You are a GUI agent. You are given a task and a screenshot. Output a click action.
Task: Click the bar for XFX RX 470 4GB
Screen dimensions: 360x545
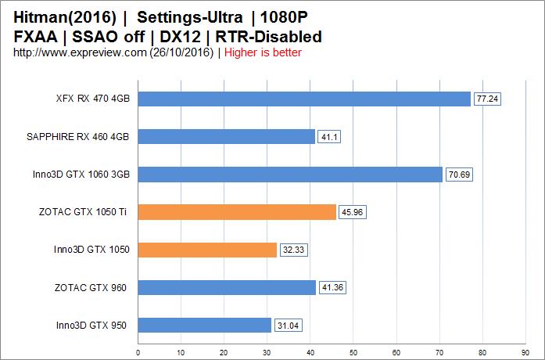click(304, 99)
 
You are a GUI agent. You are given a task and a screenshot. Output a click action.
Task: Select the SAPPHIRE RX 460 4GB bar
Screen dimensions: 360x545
click(226, 137)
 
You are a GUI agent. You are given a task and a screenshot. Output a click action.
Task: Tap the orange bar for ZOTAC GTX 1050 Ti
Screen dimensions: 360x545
click(237, 212)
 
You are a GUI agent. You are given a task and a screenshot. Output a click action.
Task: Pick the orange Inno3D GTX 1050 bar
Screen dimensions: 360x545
click(207, 250)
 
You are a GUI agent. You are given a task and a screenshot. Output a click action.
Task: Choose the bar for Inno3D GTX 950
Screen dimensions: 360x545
click(204, 325)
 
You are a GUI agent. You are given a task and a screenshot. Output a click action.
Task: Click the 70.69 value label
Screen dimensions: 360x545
click(459, 175)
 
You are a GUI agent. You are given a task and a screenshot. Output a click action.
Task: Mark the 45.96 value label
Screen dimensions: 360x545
click(353, 213)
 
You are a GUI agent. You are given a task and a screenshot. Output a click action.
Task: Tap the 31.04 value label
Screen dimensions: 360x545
click(288, 326)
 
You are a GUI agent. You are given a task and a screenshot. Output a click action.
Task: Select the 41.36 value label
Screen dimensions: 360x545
click(332, 288)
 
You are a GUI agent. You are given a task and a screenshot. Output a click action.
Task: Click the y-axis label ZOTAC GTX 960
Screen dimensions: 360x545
click(92, 288)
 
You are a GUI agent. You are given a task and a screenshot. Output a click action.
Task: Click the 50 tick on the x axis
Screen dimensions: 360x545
click(353, 351)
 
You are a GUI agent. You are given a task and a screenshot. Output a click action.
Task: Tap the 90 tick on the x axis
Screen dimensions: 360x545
click(525, 351)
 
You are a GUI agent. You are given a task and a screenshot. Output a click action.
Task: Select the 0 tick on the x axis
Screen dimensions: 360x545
click(138, 351)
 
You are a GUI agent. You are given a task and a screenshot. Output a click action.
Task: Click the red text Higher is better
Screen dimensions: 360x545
click(262, 52)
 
